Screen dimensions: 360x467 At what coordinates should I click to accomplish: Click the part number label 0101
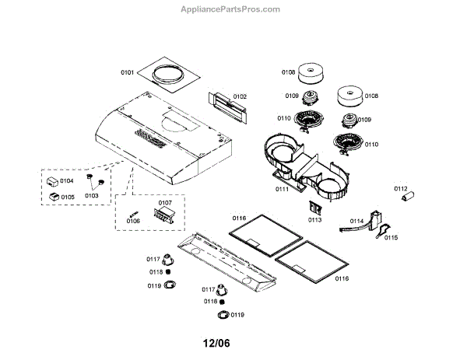[128, 73]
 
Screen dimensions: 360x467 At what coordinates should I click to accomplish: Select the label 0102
[240, 96]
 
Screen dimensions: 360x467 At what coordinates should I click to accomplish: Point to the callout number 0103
[92, 196]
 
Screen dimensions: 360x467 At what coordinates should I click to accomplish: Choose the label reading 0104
[67, 180]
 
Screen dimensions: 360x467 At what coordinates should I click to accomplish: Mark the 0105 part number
[67, 197]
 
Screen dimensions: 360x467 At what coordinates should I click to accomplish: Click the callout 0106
[133, 222]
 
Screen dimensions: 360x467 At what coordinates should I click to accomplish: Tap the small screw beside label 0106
[134, 211]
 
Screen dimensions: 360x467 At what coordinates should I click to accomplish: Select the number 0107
[165, 202]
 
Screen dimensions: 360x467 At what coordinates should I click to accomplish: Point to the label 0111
[259, 189]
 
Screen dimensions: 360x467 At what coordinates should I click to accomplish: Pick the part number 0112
[401, 188]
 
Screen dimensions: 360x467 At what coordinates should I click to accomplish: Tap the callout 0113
[314, 220]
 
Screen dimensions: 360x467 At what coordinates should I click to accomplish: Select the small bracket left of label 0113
[314, 208]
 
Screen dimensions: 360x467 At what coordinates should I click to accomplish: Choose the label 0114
[357, 222]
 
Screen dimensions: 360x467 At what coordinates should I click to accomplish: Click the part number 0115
[391, 237]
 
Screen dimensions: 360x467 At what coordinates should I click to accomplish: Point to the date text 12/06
[217, 343]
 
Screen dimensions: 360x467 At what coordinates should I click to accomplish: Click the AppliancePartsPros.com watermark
[230, 9]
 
